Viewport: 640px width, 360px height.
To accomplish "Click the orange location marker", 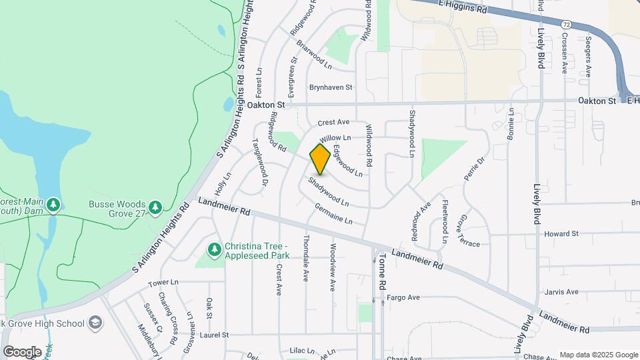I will [320, 159].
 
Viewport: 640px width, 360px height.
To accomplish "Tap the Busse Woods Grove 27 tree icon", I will [155, 207].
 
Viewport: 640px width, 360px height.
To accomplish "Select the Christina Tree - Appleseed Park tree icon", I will [215, 250].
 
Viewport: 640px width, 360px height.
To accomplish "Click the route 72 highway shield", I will [566, 24].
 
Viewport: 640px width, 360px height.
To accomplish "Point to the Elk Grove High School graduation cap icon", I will [95, 323].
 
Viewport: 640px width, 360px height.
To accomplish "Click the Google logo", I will [22, 351].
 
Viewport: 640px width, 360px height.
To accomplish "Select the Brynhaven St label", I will [331, 87].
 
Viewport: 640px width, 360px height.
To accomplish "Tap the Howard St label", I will [561, 234].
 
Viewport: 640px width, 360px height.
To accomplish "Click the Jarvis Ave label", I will [561, 291].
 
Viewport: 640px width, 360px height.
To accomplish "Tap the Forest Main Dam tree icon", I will [53, 204].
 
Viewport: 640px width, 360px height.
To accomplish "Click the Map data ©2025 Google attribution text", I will [598, 355].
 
